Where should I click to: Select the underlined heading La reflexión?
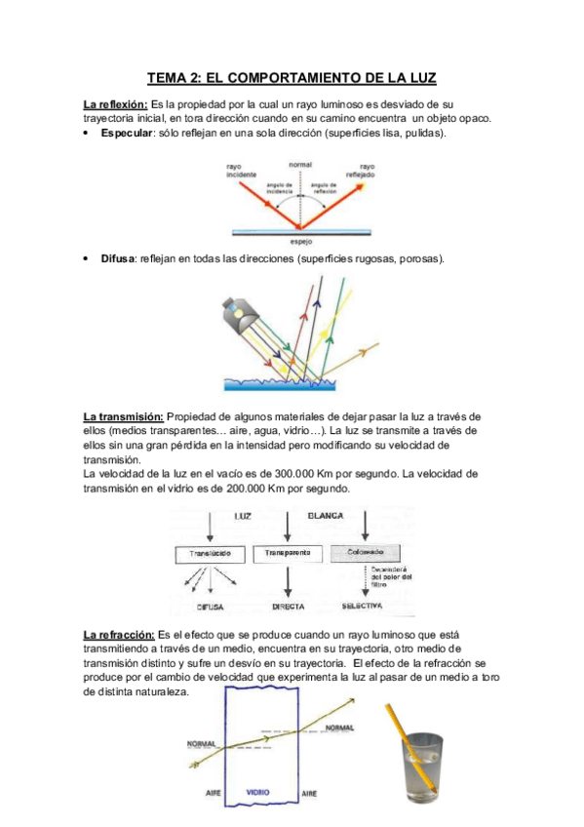pyautogui.click(x=116, y=103)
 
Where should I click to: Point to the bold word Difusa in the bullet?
pyautogui.click(x=119, y=258)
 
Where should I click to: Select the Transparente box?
pyautogui.click(x=287, y=553)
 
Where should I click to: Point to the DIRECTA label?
pyautogui.click(x=287, y=607)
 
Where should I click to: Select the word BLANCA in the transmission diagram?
pyautogui.click(x=327, y=515)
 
